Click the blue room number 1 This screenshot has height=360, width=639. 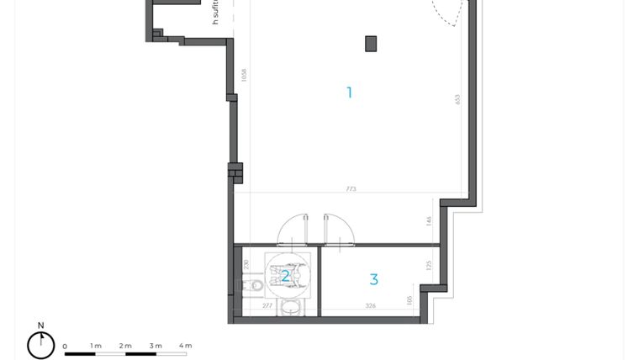pos(350,93)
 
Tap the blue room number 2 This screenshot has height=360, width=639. pos(286,276)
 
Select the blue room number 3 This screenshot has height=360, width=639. pos(374,279)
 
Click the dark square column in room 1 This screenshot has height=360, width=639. pos(371,44)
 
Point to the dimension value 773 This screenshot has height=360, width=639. pos(351,189)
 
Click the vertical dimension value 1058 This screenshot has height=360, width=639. pos(244,75)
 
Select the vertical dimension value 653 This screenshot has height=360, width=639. pos(458,99)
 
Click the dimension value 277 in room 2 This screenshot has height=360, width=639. pos(267,306)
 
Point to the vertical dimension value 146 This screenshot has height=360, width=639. pos(429,221)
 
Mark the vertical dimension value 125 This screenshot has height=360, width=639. pos(429,265)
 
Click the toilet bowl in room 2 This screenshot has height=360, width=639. pos(255,287)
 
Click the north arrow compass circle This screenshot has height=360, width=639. pos(40,345)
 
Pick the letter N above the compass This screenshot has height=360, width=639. pos(40,326)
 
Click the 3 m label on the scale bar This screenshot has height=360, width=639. pos(156,346)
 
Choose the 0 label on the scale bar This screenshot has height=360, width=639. pos(65,346)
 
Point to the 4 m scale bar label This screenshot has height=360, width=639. pos(185,346)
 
